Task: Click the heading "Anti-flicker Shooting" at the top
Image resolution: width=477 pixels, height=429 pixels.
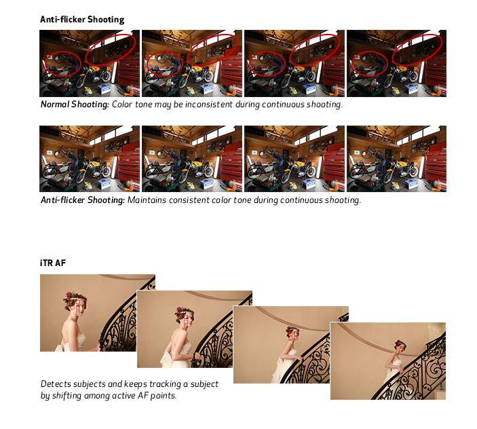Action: coord(82,20)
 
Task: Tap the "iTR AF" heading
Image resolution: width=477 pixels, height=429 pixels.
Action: coord(53,263)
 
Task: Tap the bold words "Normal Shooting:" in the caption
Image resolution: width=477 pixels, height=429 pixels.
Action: coord(75,105)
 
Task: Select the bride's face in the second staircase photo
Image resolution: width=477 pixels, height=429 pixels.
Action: coord(187,322)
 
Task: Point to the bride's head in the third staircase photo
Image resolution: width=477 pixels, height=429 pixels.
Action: coord(291,333)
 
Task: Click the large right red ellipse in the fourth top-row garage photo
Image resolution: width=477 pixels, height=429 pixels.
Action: coord(417,49)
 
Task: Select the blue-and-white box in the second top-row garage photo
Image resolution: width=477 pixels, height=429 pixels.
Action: coord(208,89)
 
